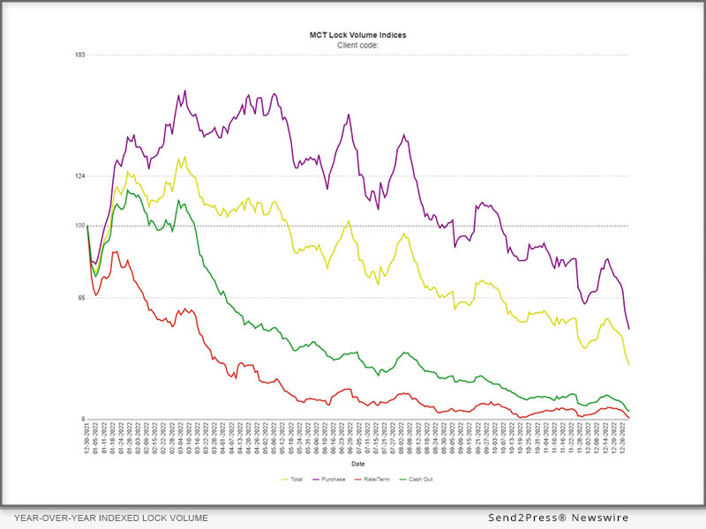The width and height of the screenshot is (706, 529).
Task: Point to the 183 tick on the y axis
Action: coord(79,55)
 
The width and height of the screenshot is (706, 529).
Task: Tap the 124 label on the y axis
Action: coord(79,176)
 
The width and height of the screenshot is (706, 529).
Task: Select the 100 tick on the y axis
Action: coord(79,226)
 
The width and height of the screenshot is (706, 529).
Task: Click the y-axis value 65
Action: coord(80,298)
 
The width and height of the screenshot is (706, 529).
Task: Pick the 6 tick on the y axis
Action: coord(82,419)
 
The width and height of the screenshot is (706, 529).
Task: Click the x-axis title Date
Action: coord(358,463)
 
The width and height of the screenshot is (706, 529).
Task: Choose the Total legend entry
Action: coord(293,480)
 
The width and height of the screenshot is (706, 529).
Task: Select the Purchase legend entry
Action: coord(332,480)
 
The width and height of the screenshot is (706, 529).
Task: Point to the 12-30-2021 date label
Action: coord(88,436)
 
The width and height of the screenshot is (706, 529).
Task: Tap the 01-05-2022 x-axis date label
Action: coord(94,436)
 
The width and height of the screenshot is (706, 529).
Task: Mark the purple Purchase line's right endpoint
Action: coord(629,330)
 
